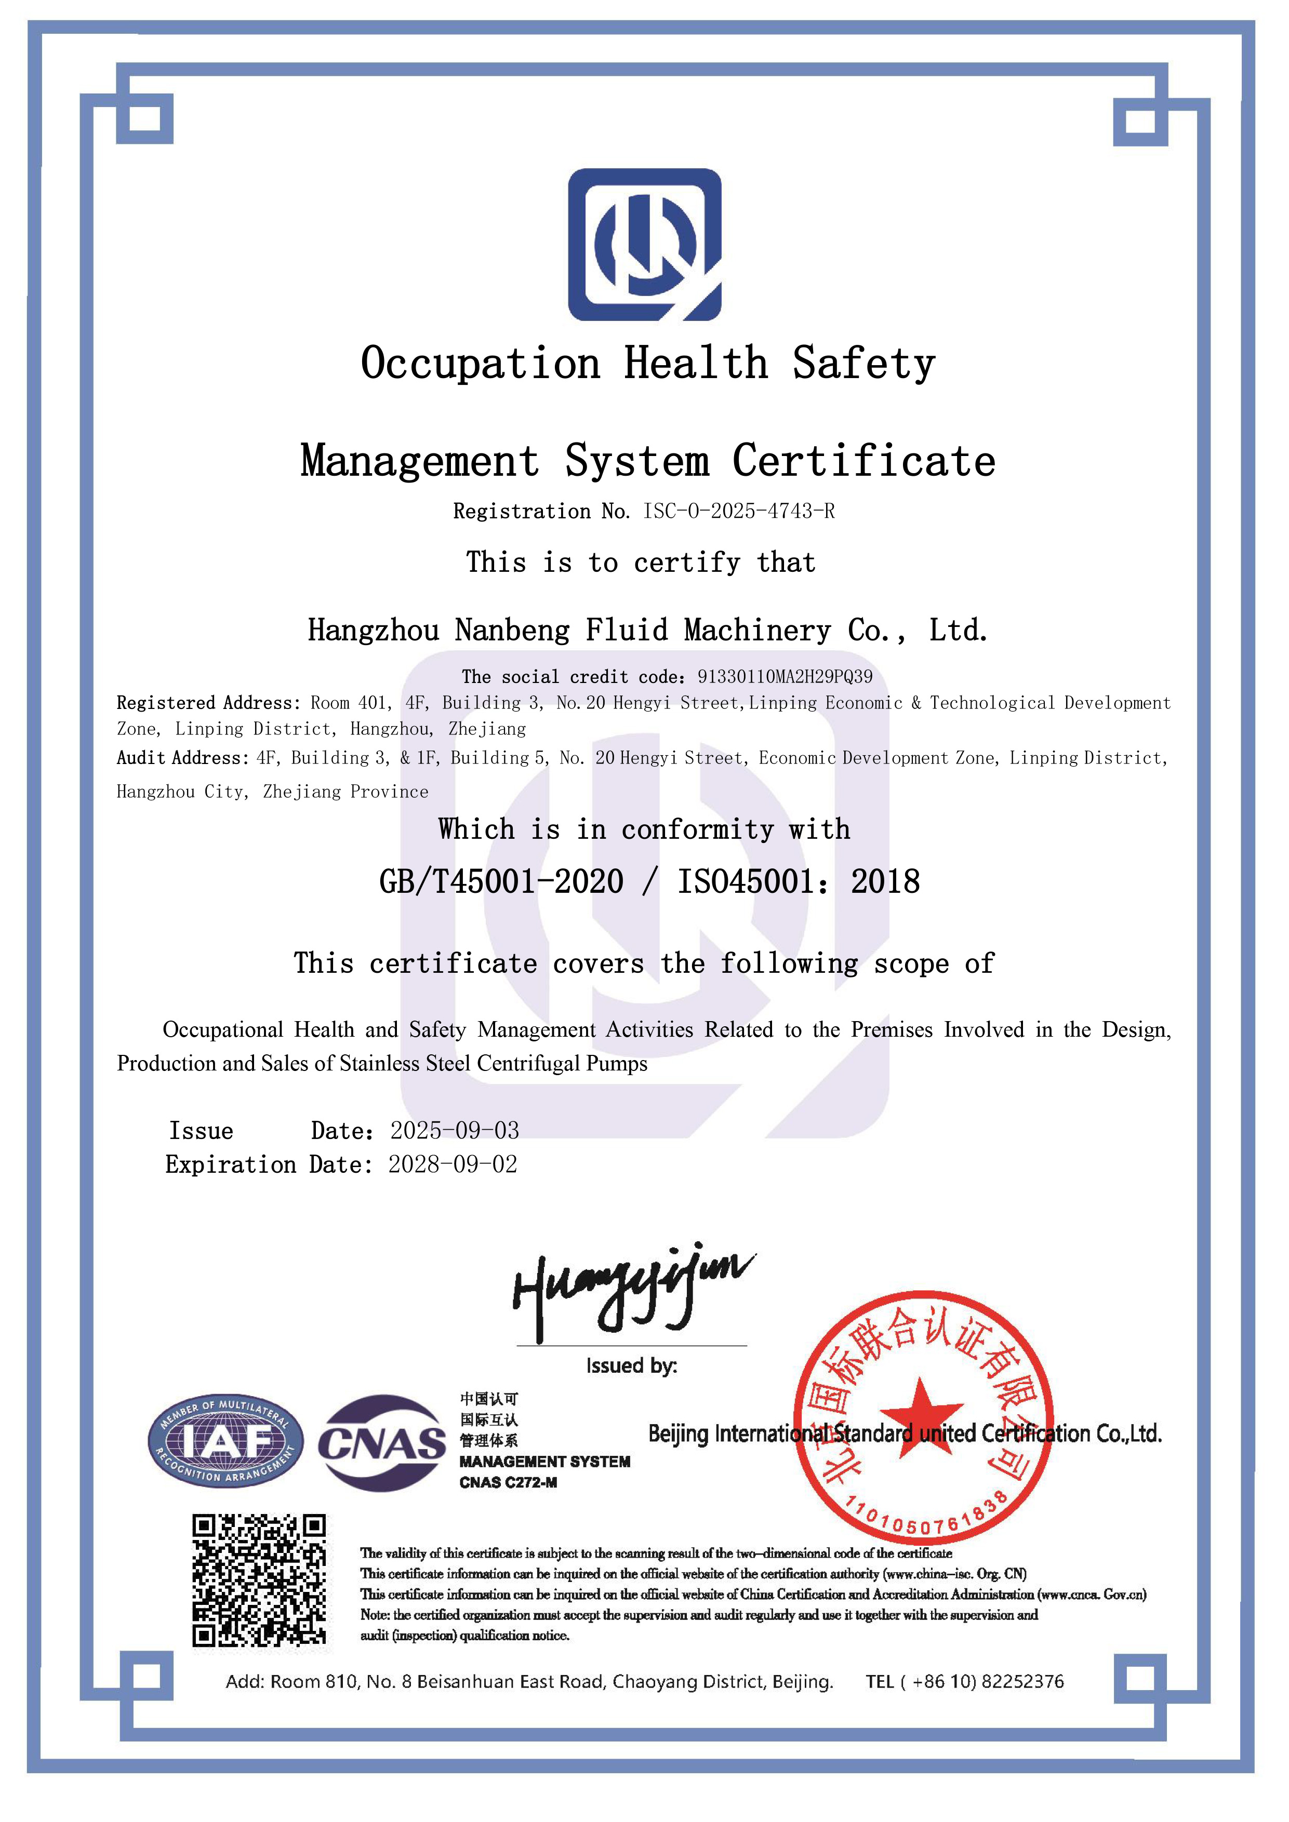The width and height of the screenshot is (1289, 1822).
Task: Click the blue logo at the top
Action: click(x=644, y=245)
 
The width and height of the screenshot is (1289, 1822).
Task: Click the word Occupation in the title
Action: click(x=480, y=364)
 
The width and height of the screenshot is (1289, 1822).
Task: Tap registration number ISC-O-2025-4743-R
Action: click(x=738, y=511)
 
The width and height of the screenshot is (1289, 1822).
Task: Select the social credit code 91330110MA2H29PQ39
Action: click(x=784, y=677)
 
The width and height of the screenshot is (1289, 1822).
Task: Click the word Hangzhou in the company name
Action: click(x=373, y=630)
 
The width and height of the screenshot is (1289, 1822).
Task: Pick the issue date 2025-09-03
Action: click(x=454, y=1130)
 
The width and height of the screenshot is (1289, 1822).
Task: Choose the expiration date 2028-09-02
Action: click(x=453, y=1164)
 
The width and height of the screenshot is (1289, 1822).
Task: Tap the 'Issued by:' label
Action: click(x=631, y=1365)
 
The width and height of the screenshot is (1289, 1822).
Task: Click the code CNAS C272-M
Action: click(x=508, y=1482)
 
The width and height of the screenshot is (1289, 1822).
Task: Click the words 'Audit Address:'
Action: click(x=182, y=758)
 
